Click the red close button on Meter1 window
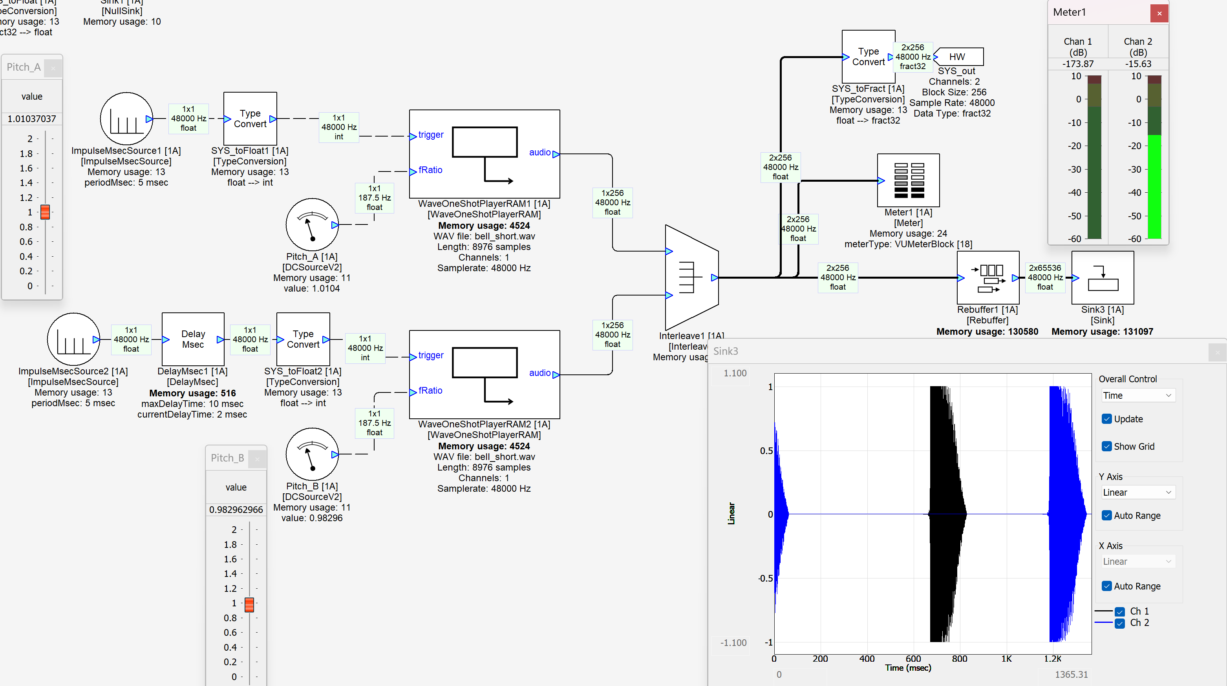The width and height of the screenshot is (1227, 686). point(1159,13)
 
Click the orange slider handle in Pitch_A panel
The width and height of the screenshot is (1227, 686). point(45,212)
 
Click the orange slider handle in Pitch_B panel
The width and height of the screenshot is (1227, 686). point(249,604)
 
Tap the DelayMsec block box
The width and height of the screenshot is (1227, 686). point(193,339)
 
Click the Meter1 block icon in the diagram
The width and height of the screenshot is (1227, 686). point(908,181)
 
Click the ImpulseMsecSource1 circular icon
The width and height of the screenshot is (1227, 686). point(126,119)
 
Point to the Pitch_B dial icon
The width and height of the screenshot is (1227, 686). point(312,454)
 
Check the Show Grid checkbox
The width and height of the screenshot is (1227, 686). point(1107,447)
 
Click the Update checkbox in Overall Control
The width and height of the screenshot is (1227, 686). point(1107,419)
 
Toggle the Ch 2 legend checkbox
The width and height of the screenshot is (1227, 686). point(1120,623)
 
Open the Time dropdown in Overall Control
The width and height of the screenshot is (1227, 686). point(1137,396)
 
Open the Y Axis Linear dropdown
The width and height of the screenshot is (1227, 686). point(1137,492)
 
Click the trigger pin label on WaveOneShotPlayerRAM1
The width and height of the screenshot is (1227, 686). point(431,135)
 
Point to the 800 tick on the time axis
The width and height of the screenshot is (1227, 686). point(959,659)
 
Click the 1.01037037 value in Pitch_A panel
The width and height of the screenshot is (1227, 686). point(32,119)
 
